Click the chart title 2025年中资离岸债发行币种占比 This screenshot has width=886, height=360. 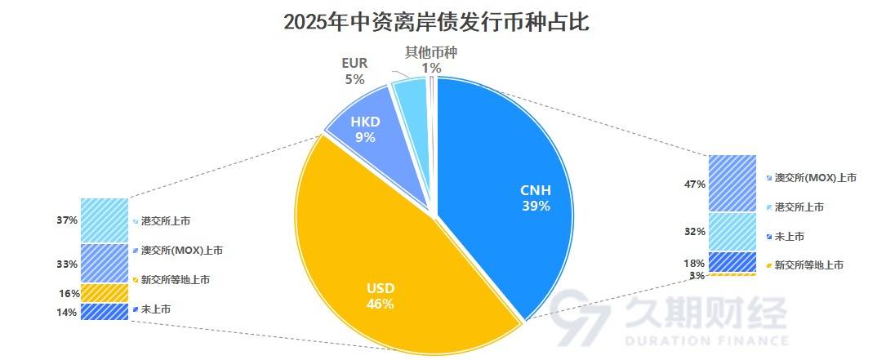pyautogui.click(x=436, y=22)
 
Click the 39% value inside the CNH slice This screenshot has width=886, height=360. pyautogui.click(x=536, y=207)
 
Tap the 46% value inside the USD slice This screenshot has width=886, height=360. pyautogui.click(x=380, y=304)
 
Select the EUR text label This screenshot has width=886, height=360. pyautogui.click(x=354, y=63)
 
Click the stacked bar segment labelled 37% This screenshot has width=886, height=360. pyautogui.click(x=105, y=220)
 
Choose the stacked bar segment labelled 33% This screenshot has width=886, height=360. pyautogui.click(x=105, y=263)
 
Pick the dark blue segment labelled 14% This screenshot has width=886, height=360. pyautogui.click(x=105, y=312)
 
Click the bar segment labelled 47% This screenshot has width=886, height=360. pyautogui.click(x=732, y=184)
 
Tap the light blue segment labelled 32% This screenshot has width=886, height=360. pyautogui.click(x=732, y=232)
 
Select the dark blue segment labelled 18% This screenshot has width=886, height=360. pyautogui.click(x=732, y=262)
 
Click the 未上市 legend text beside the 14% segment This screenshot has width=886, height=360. pyautogui.click(x=156, y=309)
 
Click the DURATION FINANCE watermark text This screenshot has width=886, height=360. pyautogui.click(x=706, y=340)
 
